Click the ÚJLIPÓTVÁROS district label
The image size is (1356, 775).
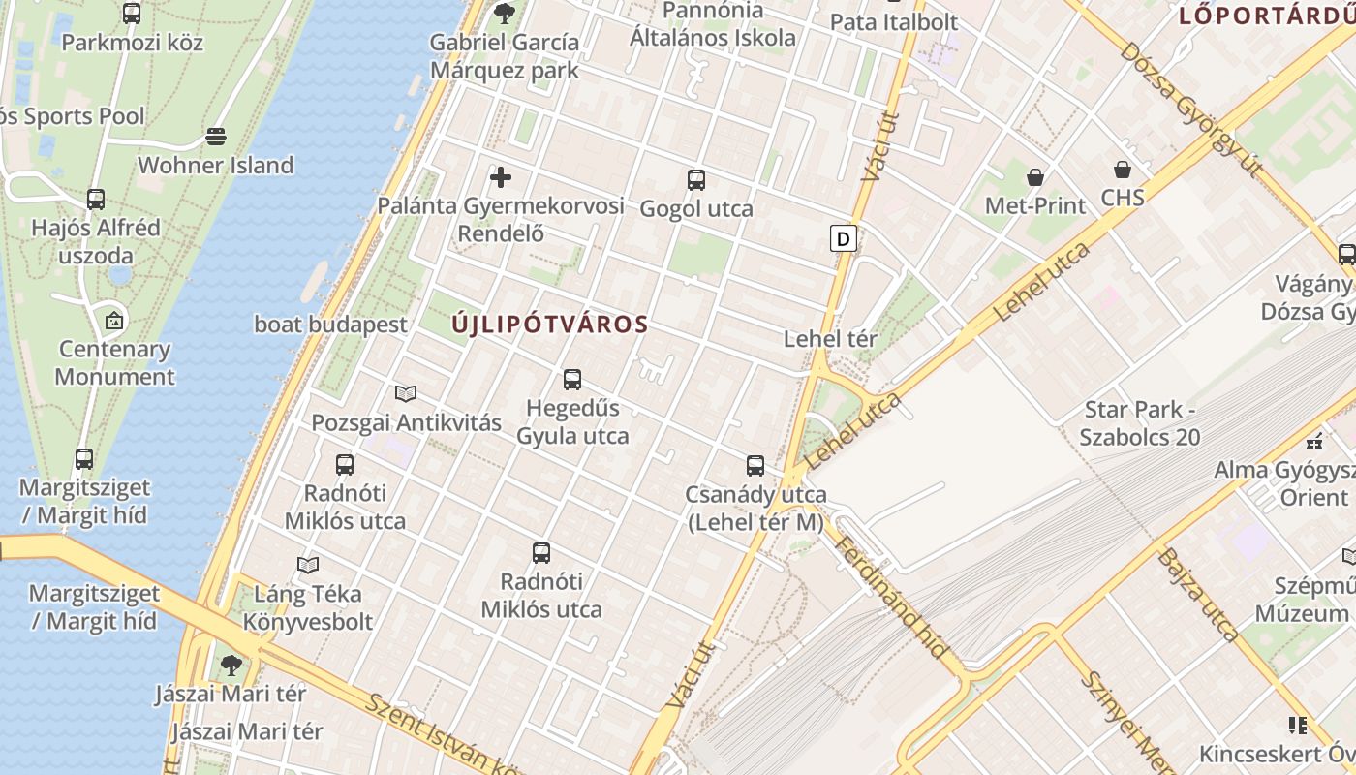[x=549, y=325]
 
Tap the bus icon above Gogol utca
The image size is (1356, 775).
[x=696, y=179]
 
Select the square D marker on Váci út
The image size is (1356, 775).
[x=844, y=238]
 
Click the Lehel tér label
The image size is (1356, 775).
[x=830, y=339]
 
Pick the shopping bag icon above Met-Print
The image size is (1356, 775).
[x=1035, y=176]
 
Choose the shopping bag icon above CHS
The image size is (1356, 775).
[x=1123, y=170]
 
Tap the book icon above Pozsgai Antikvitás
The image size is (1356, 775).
[x=406, y=393]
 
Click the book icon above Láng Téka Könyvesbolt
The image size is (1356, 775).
[x=308, y=565]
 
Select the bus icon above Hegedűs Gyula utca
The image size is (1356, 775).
[x=572, y=379]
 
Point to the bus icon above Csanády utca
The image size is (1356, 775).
[x=755, y=466]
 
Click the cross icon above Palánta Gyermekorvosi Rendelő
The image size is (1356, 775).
[x=501, y=177]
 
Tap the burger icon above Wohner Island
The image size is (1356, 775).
[x=216, y=136]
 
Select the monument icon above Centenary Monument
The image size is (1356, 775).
[x=114, y=320]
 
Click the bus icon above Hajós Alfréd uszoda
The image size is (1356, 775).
[x=96, y=200]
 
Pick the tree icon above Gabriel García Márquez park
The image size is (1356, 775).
[x=504, y=14]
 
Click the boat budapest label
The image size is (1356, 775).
[x=330, y=325]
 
